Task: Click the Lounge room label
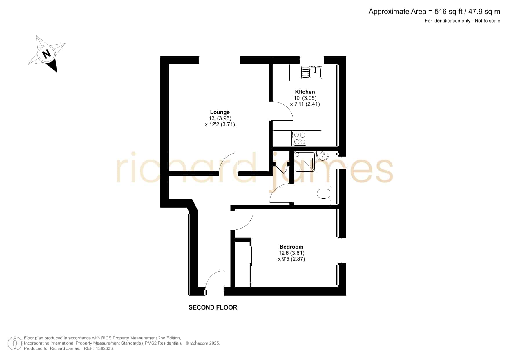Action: [x=220, y=112]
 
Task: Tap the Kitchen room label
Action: [x=305, y=92]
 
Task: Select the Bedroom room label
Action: [x=291, y=247]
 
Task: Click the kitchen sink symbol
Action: [x=311, y=72]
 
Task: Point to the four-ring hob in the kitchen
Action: [x=299, y=138]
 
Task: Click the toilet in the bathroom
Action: [x=324, y=193]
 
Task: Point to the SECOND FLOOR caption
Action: [x=213, y=307]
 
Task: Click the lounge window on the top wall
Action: [x=220, y=60]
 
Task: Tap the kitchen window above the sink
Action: [x=311, y=60]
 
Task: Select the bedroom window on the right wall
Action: [x=342, y=251]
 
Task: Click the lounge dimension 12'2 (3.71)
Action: [x=220, y=124]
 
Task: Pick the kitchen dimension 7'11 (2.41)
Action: [x=305, y=104]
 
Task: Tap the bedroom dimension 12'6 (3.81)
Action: [x=291, y=253]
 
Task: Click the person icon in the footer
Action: [x=15, y=343]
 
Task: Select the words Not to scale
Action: [x=488, y=21]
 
